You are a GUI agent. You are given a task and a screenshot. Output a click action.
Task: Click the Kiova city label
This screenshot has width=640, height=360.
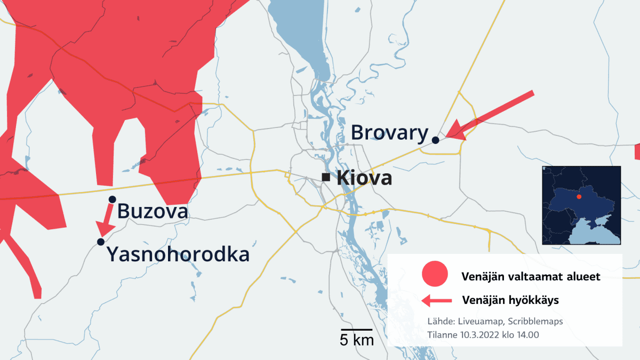pos(365,178)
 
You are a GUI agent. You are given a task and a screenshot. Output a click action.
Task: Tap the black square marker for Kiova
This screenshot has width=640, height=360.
pos(325,177)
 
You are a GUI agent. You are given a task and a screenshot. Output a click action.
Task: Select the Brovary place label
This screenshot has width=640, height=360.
pos(390,133)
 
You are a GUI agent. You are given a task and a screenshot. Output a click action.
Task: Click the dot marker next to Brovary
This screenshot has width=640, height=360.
pos(435,140)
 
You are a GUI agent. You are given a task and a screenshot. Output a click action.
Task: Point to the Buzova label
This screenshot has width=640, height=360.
pos(153,211)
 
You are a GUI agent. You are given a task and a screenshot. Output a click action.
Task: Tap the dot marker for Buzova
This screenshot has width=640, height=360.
pos(112,199)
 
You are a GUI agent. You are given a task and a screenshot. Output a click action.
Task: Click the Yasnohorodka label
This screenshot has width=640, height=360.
pos(178,254)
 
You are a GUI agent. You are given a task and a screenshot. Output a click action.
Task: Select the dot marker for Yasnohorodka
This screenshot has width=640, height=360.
pos(101,242)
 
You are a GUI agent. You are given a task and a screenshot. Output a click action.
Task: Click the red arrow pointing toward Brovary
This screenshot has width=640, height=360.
pos(488,117)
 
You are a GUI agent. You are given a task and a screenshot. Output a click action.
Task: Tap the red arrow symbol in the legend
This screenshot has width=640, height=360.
pos(437,301)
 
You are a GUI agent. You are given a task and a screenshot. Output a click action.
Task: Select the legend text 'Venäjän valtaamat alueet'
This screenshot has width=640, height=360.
pos(531,277)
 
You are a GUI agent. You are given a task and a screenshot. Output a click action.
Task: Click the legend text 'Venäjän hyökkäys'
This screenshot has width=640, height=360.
pos(510,300)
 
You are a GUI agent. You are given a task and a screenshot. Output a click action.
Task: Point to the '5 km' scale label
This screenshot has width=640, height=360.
pos(357,340)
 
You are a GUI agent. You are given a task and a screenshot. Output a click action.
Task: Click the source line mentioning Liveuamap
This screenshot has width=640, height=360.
pos(495,322)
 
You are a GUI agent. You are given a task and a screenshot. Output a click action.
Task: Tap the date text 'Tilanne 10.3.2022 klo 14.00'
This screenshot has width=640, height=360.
pos(483,334)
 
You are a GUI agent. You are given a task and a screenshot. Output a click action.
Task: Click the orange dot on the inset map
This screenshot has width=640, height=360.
pos(579,197)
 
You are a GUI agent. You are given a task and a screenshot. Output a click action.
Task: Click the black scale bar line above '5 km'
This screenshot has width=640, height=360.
pos(357,330)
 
